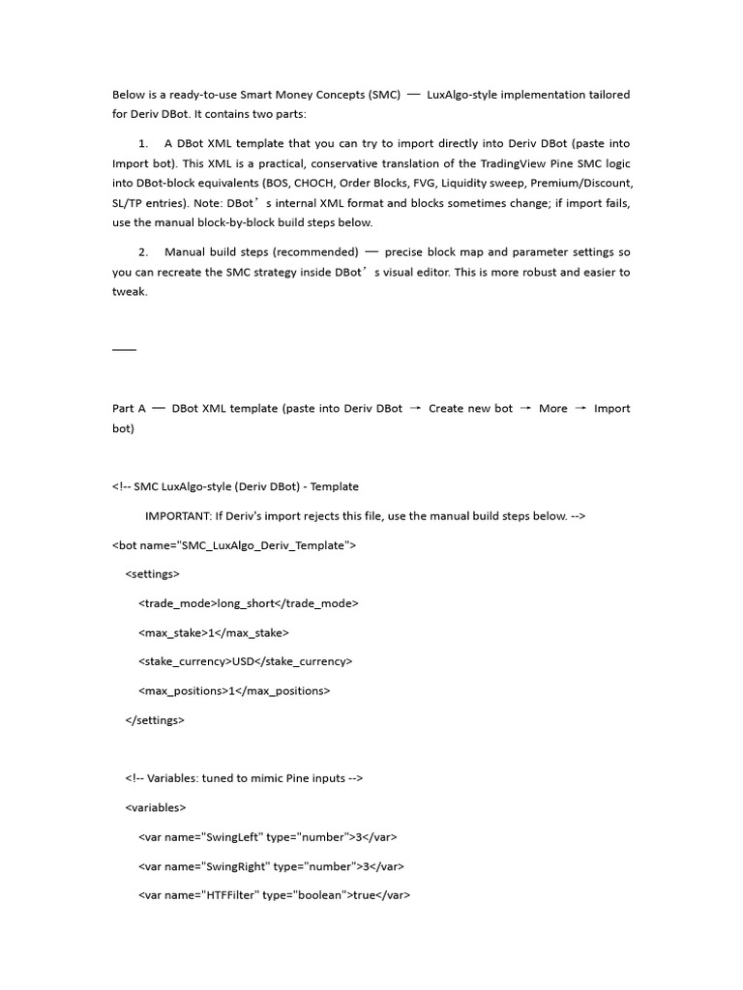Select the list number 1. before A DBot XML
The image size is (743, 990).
[x=144, y=144]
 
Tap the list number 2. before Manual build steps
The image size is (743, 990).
[x=144, y=252]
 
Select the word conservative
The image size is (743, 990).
[x=342, y=163]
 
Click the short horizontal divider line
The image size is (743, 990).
[x=124, y=349]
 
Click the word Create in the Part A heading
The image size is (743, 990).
[x=445, y=408]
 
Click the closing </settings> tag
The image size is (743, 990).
[x=155, y=720]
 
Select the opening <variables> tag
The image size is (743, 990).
[x=156, y=807]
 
